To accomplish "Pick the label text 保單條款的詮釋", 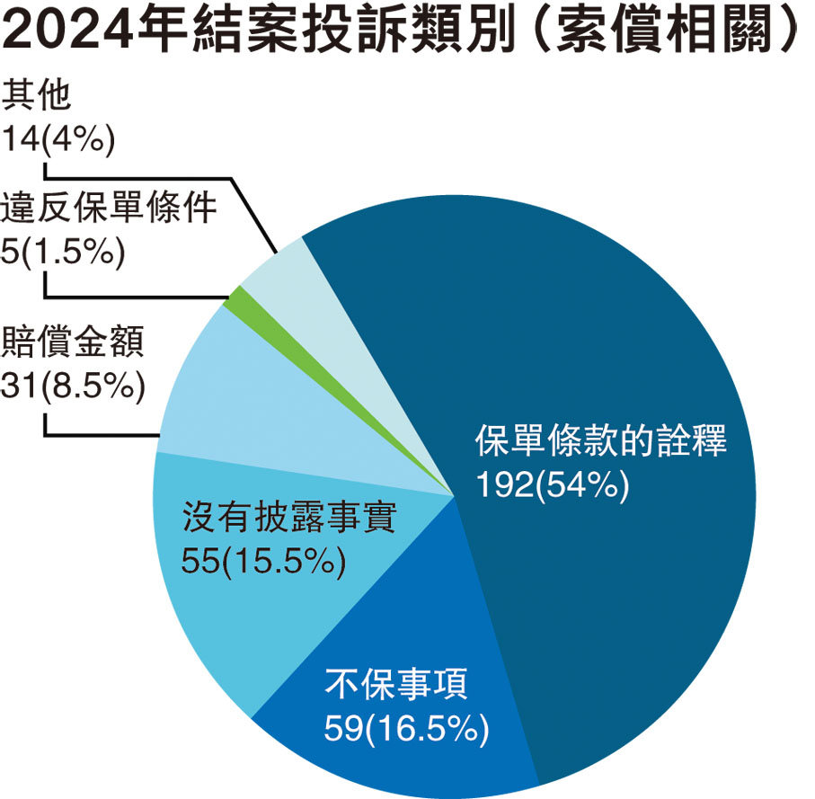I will (x=600, y=441).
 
